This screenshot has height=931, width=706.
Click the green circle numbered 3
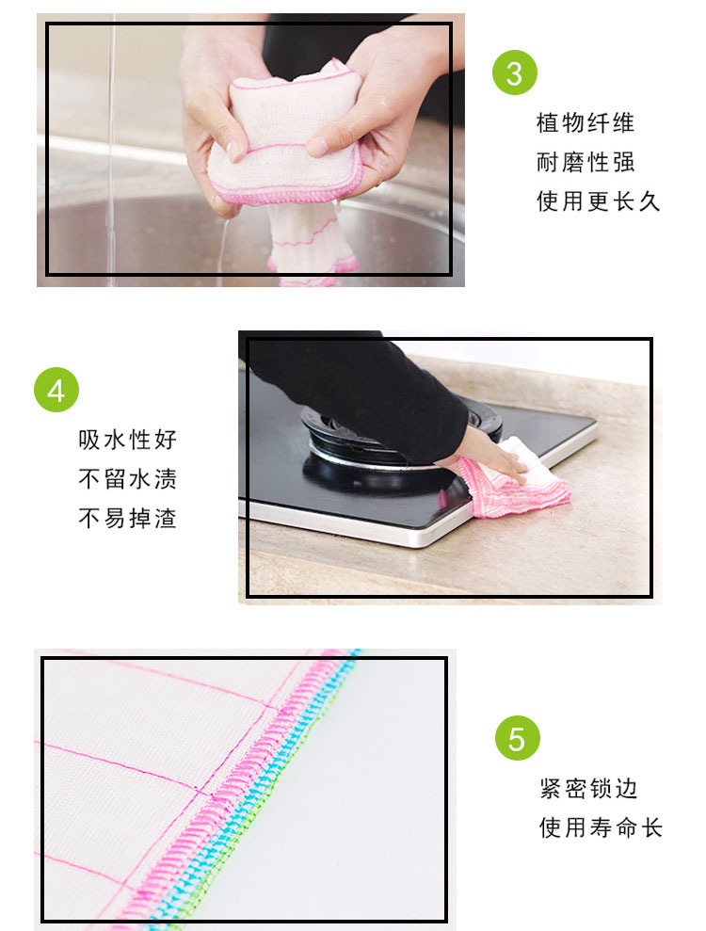tap(515, 72)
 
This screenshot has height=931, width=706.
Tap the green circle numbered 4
tap(56, 390)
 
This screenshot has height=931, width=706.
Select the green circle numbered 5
tap(517, 738)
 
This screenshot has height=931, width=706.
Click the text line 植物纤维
tap(586, 123)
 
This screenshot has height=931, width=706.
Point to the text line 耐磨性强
tap(586, 162)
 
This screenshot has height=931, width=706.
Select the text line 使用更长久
tap(598, 201)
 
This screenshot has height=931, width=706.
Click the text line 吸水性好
tap(128, 440)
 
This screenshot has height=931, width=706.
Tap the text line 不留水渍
tap(128, 479)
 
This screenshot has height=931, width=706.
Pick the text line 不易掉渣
tap(128, 519)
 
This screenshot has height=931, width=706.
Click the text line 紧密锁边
tap(588, 789)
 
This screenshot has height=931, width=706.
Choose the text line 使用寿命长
tap(601, 827)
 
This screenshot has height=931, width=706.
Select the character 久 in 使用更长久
tap(649, 201)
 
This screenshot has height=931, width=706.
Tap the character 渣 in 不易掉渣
tap(167, 519)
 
